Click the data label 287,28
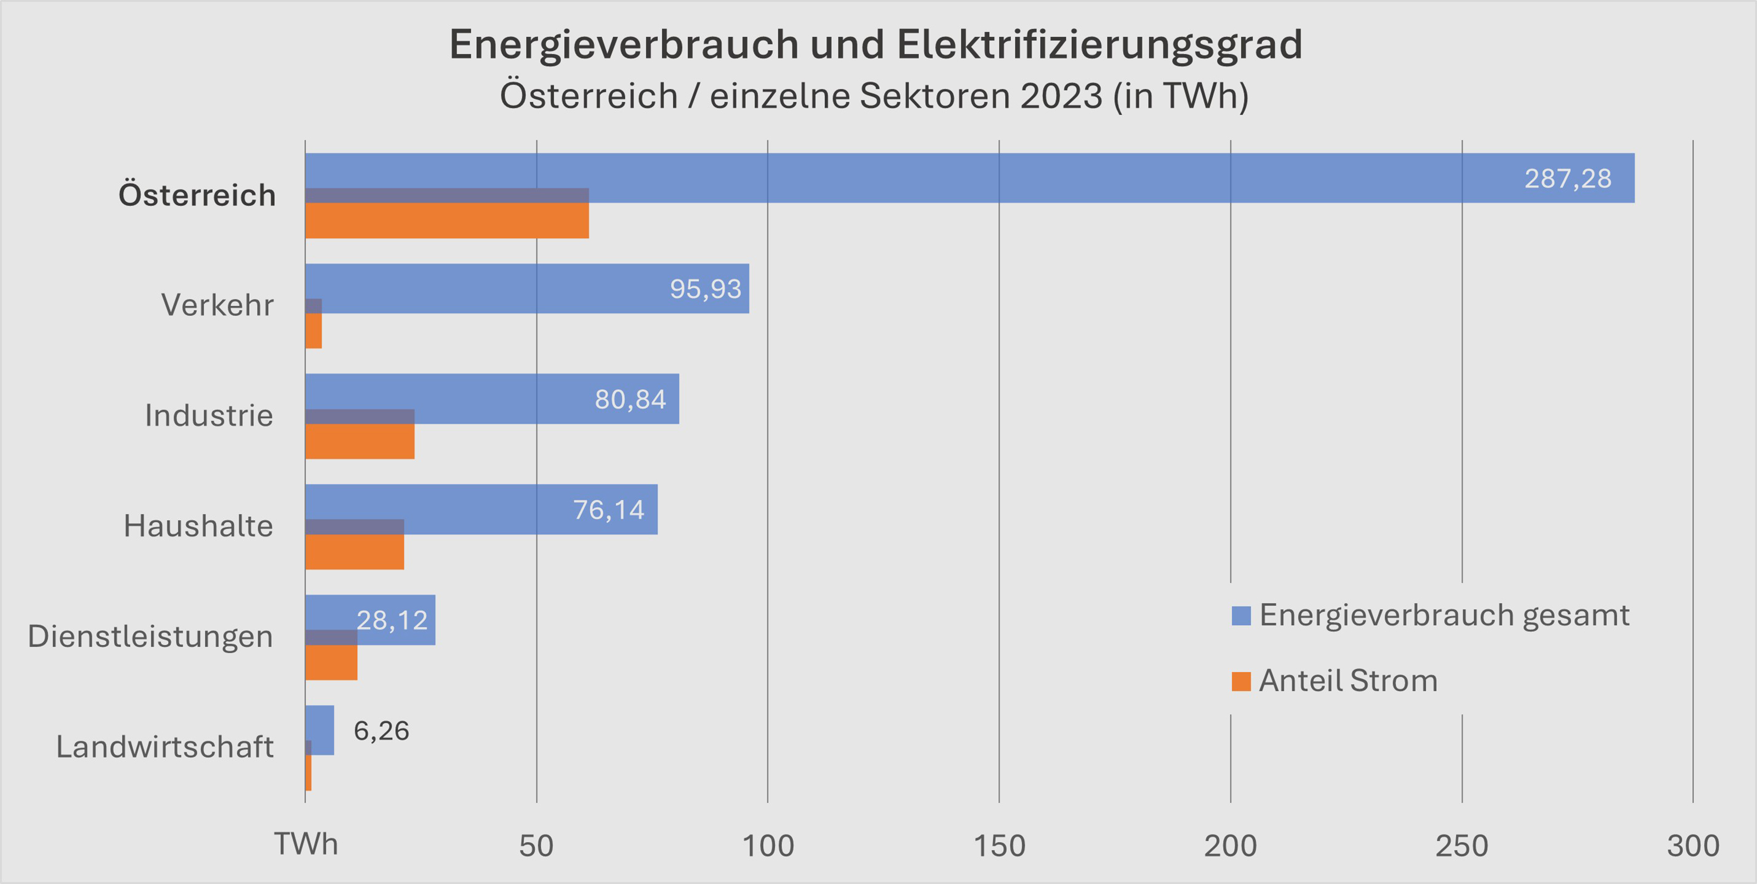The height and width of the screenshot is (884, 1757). tap(1568, 178)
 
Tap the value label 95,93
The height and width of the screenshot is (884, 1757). tap(705, 289)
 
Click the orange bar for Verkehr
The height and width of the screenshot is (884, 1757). tap(313, 332)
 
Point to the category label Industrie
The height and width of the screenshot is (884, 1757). tap(209, 416)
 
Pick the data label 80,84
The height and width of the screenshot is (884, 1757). tap(630, 400)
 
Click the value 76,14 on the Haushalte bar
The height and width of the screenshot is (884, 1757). tap(608, 510)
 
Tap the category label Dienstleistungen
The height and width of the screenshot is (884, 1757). tap(150, 636)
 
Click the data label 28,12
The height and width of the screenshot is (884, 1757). tap(391, 620)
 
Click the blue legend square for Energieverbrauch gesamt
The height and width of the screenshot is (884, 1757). tap(1241, 616)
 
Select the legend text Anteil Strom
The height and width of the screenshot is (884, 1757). tap(1348, 681)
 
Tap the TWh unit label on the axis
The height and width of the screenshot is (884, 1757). tap(306, 844)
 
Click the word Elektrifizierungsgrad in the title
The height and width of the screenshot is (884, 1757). tap(1099, 45)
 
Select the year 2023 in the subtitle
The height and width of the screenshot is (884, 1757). tap(1061, 96)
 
